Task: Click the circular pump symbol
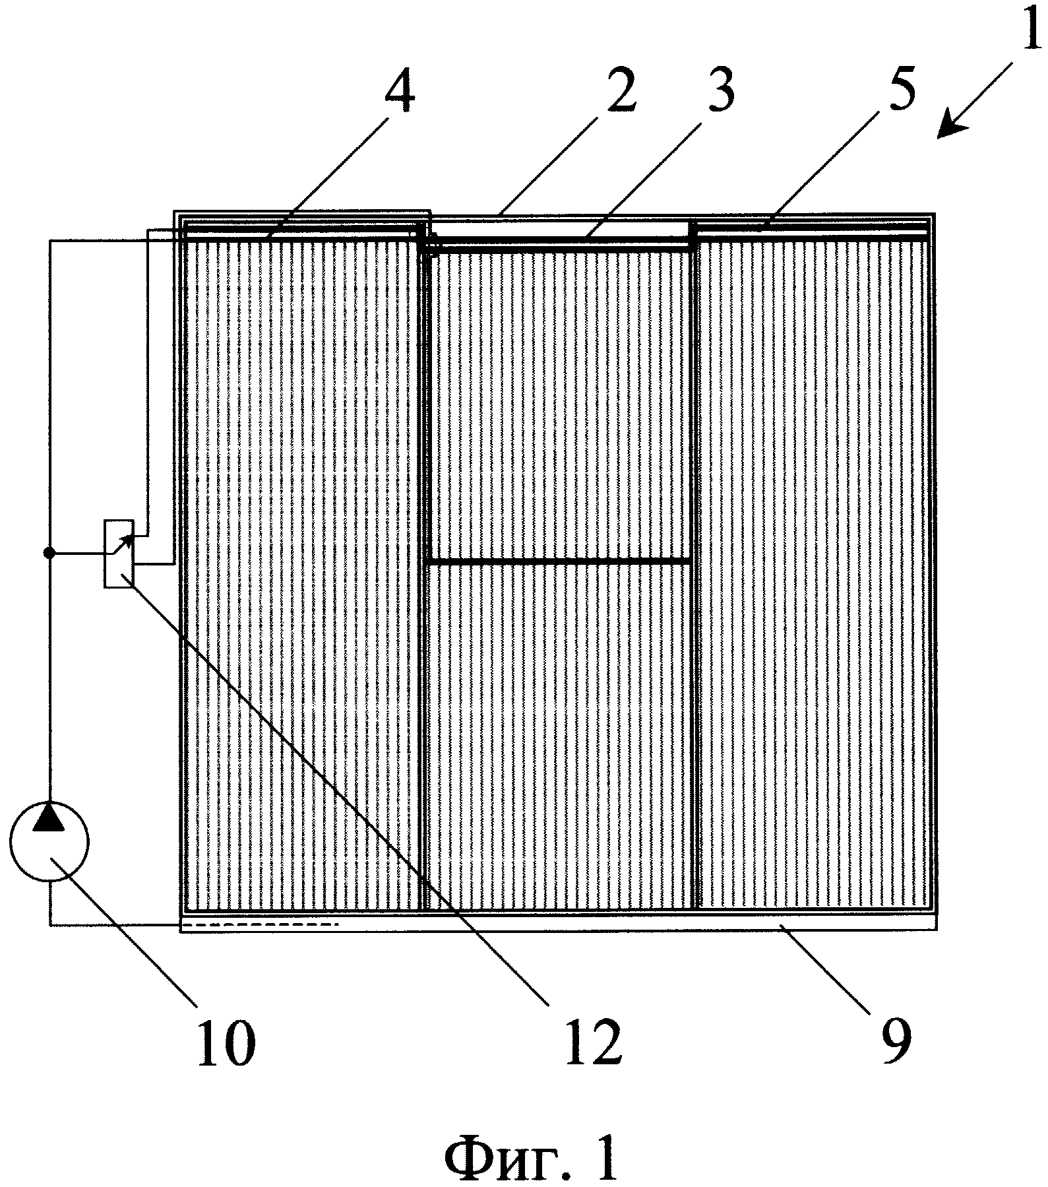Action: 49,841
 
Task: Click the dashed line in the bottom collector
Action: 260,925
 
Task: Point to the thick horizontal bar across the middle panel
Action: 560,561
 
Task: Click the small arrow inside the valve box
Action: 123,545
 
